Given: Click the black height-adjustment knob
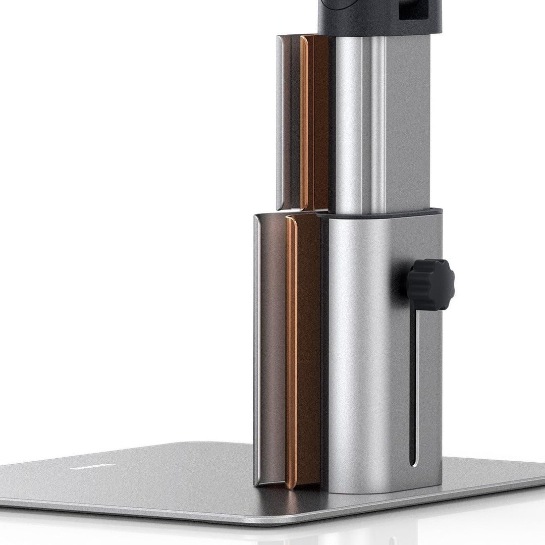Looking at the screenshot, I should tap(430, 285).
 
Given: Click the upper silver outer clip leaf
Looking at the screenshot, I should tap(281, 121).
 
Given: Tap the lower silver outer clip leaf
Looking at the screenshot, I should tap(258, 348).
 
